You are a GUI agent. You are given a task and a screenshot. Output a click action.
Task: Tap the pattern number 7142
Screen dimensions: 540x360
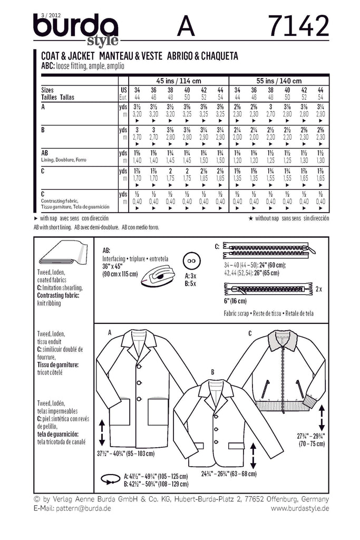click(x=299, y=26)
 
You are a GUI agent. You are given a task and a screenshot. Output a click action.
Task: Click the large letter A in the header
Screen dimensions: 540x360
click(x=186, y=26)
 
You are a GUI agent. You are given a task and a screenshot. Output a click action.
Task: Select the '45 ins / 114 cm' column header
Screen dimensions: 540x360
click(x=178, y=81)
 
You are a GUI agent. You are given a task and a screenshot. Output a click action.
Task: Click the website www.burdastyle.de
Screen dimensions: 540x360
click(x=300, y=508)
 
